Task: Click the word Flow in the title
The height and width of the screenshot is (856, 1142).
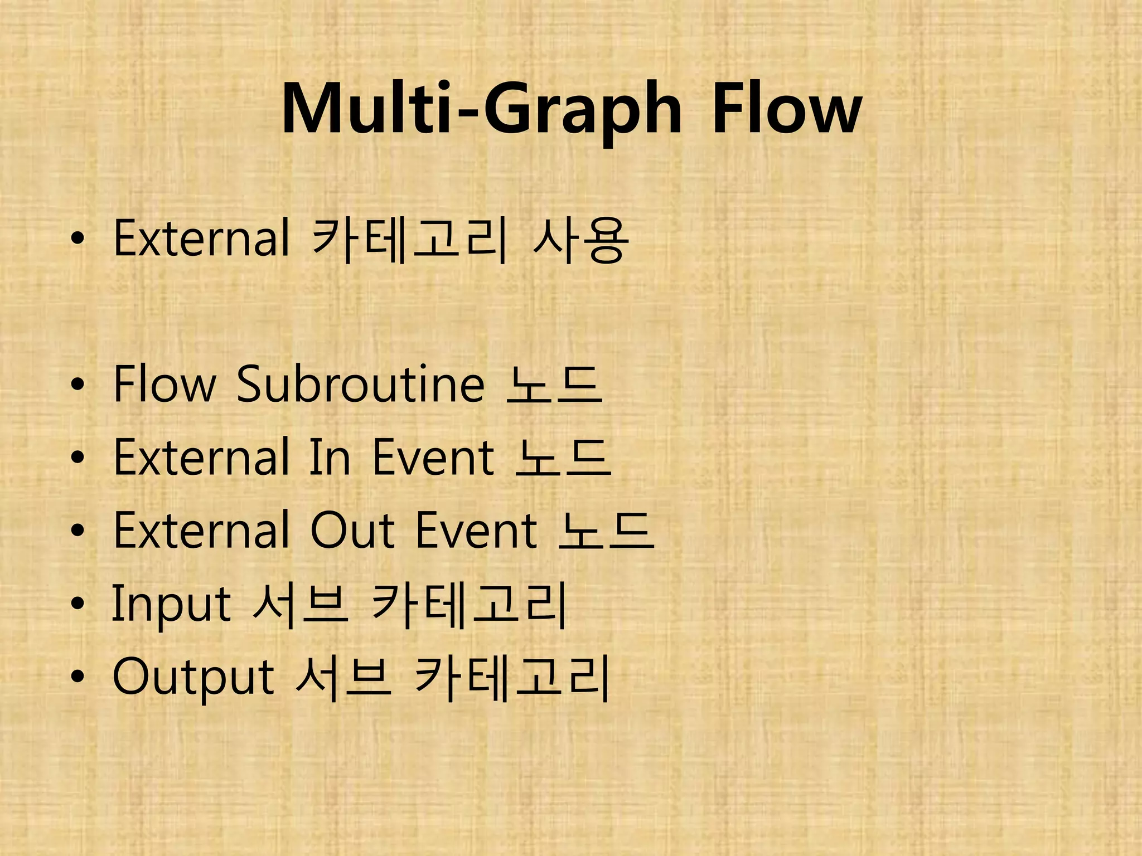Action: point(787,108)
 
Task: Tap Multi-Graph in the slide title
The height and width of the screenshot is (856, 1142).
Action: point(481,109)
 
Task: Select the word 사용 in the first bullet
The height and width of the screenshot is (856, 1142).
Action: point(580,240)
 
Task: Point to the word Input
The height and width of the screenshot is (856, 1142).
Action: point(171,604)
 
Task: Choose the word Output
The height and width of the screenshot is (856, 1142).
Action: point(193,678)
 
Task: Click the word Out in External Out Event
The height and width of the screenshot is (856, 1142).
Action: point(353,531)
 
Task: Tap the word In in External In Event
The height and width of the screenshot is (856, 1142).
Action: point(330,457)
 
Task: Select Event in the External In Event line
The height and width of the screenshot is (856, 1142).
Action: point(433,457)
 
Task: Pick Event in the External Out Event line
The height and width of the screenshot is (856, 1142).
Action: point(477,531)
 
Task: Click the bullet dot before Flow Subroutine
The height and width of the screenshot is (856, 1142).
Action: point(78,385)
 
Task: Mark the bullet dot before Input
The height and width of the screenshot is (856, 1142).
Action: point(78,604)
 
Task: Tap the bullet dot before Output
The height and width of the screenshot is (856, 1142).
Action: point(78,678)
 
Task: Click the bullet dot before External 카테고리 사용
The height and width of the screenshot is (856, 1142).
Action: point(78,240)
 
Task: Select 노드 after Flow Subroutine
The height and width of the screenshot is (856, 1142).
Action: point(554,385)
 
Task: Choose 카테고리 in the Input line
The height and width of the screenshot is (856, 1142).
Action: point(469,604)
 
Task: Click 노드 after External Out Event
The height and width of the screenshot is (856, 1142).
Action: point(606,531)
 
